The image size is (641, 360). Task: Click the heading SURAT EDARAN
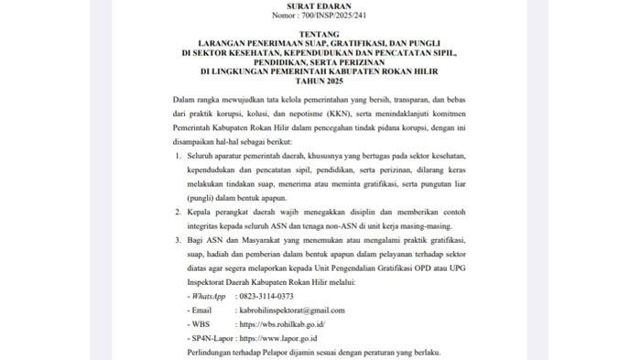320,6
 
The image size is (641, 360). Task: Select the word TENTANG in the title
320,40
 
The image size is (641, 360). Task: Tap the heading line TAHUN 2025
320,80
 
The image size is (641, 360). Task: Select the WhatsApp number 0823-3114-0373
266,297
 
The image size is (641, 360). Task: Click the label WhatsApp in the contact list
206,297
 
